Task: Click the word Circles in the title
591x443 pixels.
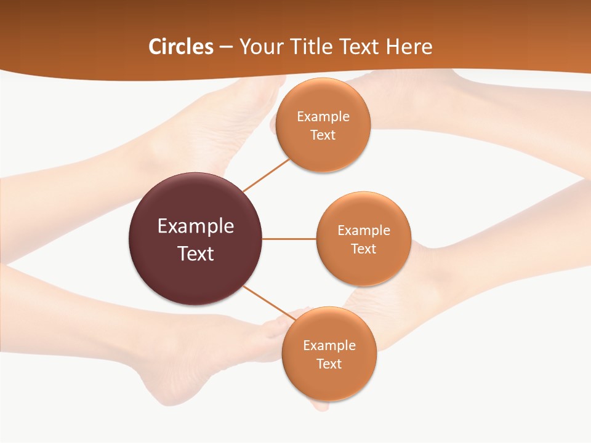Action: (180, 46)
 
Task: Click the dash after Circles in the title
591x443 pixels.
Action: (226, 47)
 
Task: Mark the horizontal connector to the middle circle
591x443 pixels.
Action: (289, 239)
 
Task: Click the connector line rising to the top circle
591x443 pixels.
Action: (266, 175)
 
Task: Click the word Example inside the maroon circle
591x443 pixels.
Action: (196, 226)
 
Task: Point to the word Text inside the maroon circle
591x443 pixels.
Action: (196, 253)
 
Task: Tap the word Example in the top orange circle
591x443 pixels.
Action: (323, 117)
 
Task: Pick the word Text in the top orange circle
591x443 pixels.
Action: (323, 135)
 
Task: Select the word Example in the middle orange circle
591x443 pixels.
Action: (363, 231)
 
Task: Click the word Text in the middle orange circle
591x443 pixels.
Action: (363, 249)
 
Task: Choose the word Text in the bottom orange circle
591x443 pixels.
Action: (329, 364)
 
